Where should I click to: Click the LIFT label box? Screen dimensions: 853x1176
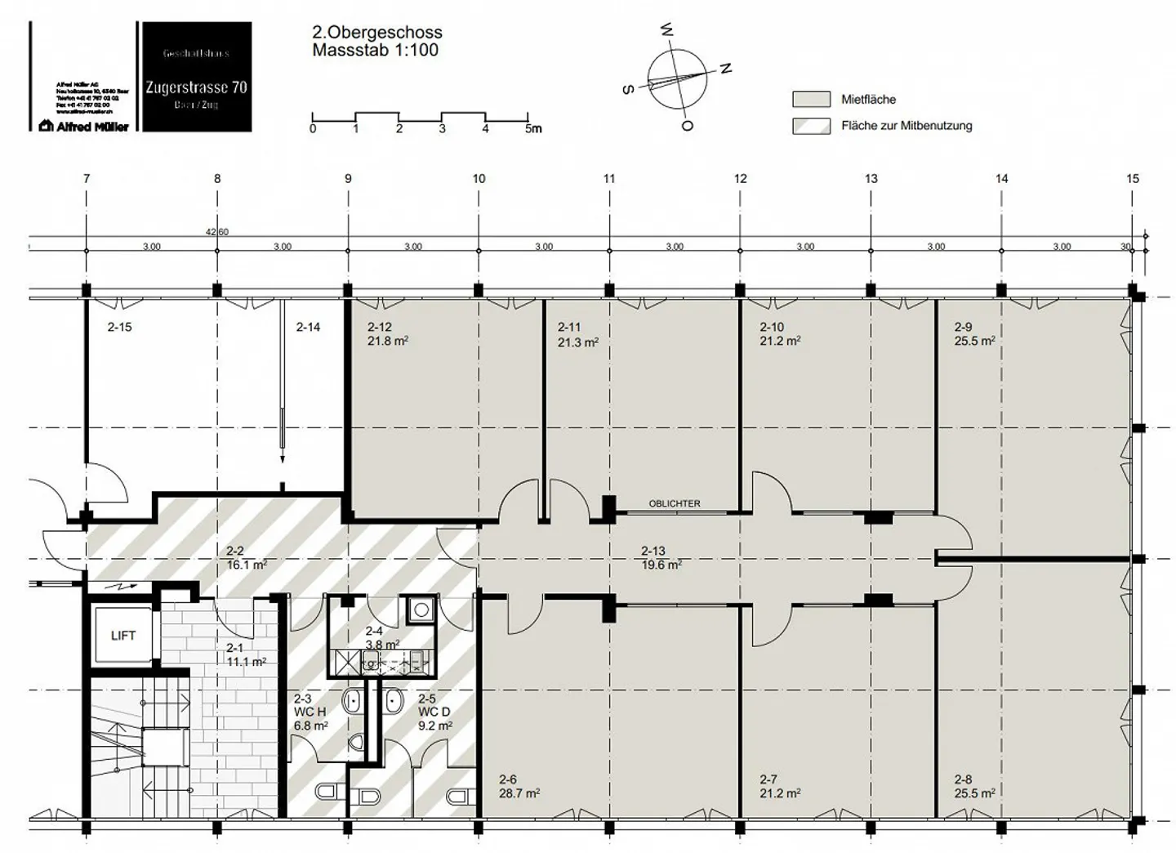[x=123, y=636]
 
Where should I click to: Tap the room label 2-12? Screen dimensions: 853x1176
[x=380, y=327]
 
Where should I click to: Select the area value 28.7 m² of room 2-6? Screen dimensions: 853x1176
[x=519, y=793]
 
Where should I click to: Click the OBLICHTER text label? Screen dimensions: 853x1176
[x=675, y=504]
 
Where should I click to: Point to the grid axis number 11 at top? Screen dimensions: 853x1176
[x=609, y=179]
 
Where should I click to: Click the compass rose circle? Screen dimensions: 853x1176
[x=677, y=80]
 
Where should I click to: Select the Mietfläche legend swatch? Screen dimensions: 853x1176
[x=811, y=100]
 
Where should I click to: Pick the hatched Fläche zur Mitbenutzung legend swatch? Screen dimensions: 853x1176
[x=811, y=126]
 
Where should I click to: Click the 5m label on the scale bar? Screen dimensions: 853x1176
[x=532, y=129]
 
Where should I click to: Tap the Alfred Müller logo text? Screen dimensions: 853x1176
[x=85, y=126]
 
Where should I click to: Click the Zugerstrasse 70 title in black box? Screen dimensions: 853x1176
[x=196, y=87]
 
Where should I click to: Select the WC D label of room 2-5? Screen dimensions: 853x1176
[x=434, y=712]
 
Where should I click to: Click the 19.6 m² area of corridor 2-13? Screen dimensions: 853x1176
[x=661, y=565]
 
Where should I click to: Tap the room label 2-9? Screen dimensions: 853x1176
[x=964, y=327]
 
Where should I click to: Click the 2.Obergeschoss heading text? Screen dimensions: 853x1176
[x=377, y=33]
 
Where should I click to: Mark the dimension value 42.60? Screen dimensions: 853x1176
[x=217, y=232]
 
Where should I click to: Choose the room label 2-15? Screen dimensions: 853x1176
[x=120, y=327]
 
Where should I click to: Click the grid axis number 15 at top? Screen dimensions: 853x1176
[x=1132, y=179]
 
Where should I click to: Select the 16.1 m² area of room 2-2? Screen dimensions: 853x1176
[x=247, y=565]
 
